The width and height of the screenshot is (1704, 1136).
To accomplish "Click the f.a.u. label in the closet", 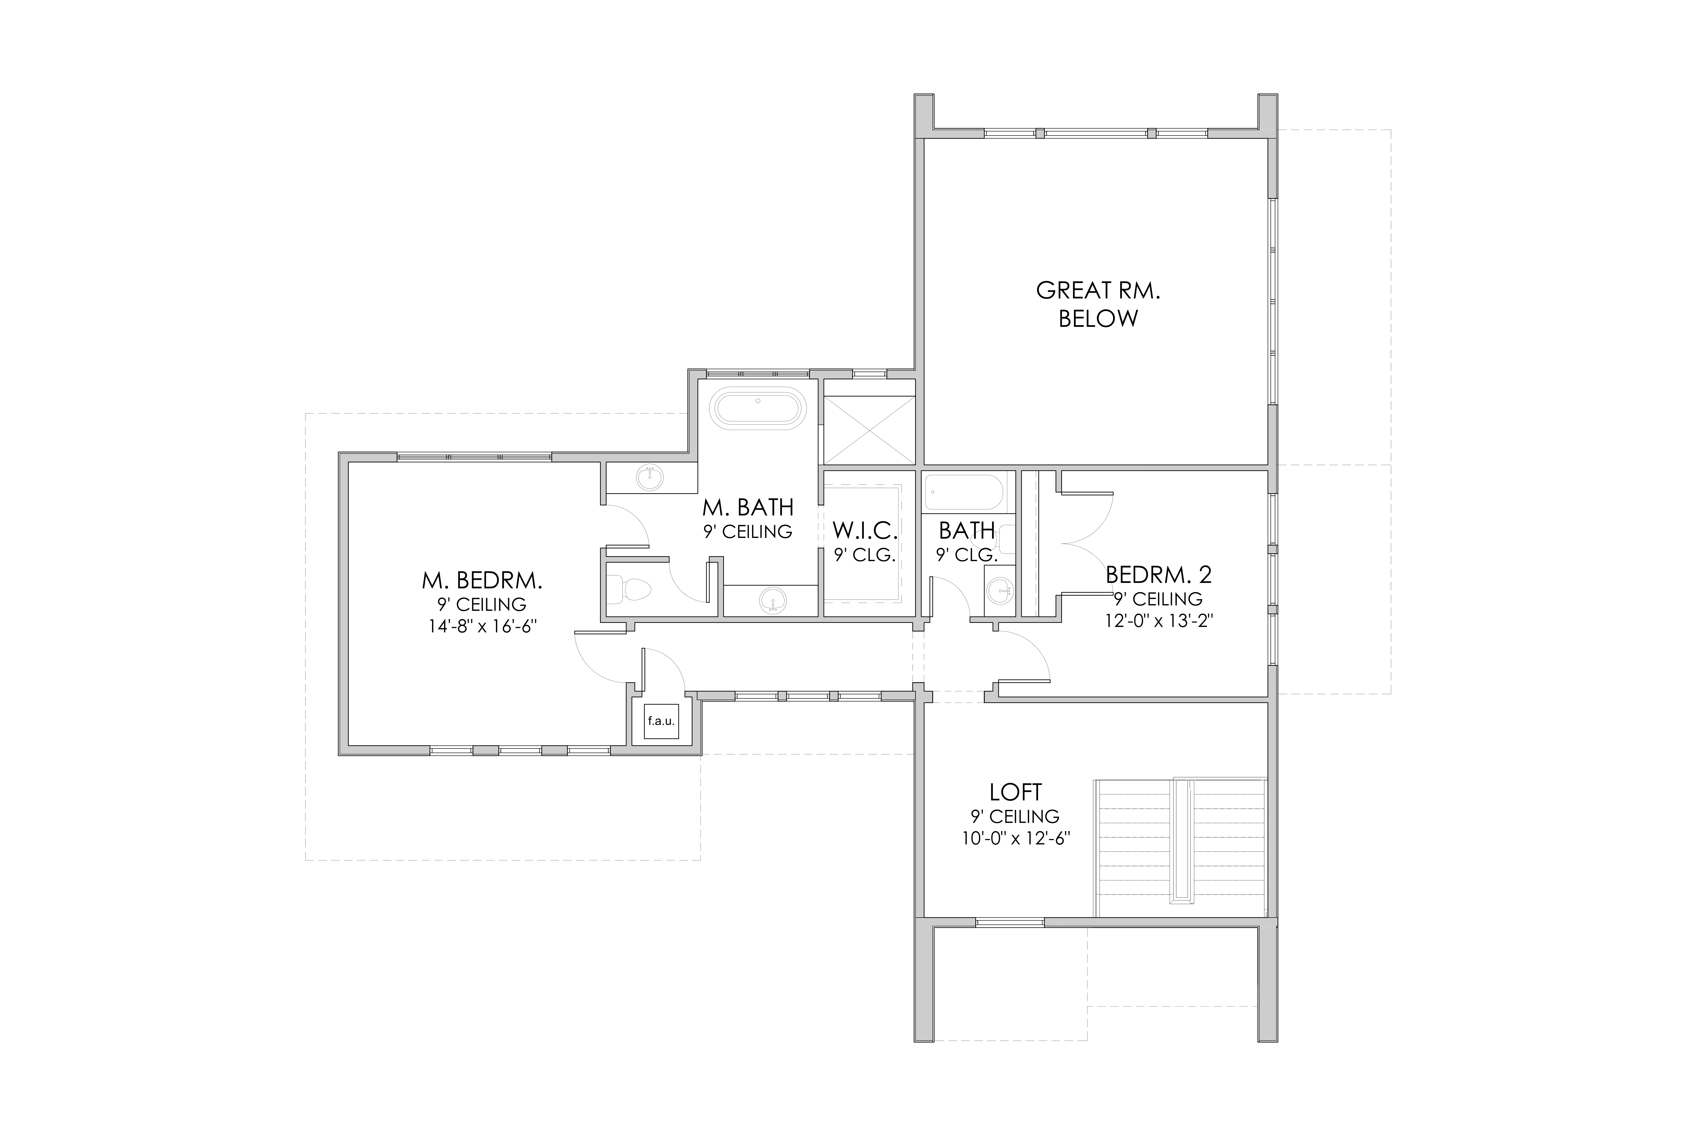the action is click(x=661, y=721).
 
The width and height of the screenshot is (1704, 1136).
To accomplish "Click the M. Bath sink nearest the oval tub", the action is click(x=650, y=477).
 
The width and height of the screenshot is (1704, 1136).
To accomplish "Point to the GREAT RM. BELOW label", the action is click(x=1098, y=304).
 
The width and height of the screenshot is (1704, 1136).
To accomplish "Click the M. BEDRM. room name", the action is click(x=483, y=580).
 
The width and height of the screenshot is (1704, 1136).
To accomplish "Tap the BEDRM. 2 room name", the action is click(x=1158, y=575).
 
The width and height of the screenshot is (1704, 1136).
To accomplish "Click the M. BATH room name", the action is click(x=748, y=507).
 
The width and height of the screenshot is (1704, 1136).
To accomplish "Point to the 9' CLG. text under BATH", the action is click(x=967, y=556).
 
